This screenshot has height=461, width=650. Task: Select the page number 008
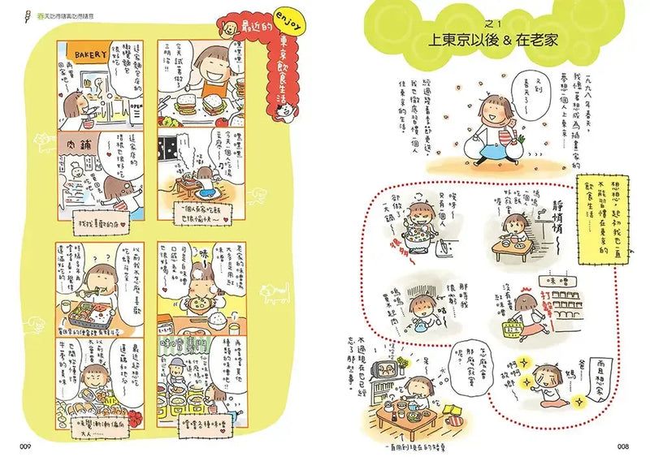coord(624,444)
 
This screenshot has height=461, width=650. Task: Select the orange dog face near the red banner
coord(232,25)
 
